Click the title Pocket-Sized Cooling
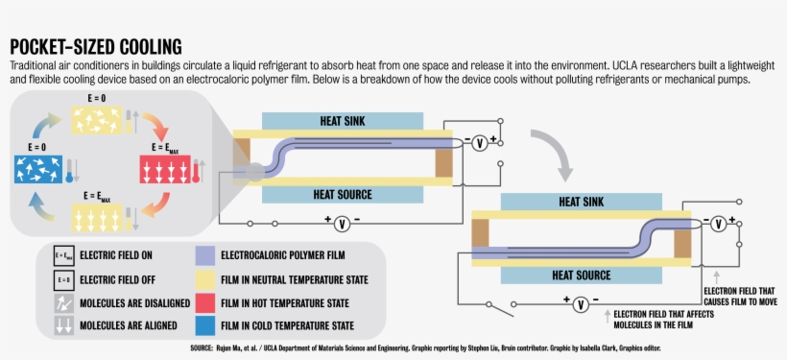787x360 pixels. (96, 46)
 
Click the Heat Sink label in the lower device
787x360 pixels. (582, 202)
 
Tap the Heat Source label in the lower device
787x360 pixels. (582, 276)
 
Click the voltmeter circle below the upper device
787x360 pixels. (341, 223)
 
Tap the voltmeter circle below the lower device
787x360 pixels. (580, 304)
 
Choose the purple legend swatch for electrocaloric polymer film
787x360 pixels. (205, 255)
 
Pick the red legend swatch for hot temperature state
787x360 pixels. (205, 302)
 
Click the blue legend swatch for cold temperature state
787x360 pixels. (205, 325)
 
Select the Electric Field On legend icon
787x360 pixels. (62, 256)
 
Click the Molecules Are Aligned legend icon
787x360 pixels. (62, 325)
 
